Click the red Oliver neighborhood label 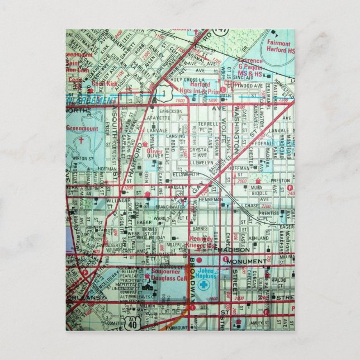click(154, 151)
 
